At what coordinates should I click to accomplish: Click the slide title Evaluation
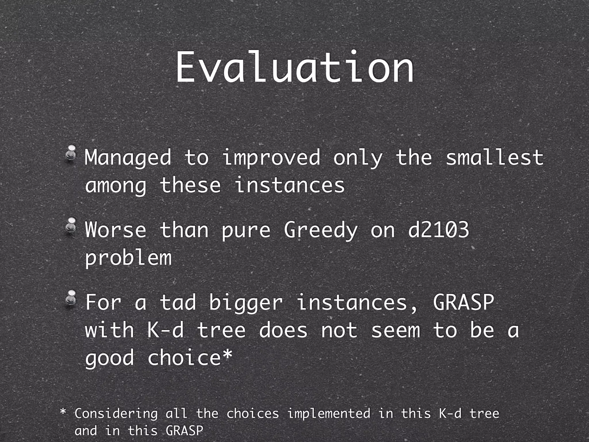pyautogui.click(x=294, y=68)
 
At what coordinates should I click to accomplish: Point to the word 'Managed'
pyautogui.click(x=128, y=158)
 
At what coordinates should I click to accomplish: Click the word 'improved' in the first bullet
pyautogui.click(x=271, y=158)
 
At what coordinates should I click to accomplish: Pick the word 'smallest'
pyautogui.click(x=494, y=158)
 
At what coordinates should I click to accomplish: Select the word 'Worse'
pyautogui.click(x=116, y=230)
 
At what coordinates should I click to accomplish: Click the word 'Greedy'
pyautogui.click(x=321, y=230)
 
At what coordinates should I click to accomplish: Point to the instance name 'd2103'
pyautogui.click(x=439, y=230)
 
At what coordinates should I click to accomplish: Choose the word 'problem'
pyautogui.click(x=128, y=258)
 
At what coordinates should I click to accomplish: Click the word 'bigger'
pyautogui.click(x=246, y=303)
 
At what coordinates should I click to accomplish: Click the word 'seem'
pyautogui.click(x=395, y=330)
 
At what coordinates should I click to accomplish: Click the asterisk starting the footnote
pyautogui.click(x=63, y=412)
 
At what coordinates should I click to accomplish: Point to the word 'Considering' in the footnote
pyautogui.click(x=116, y=414)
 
